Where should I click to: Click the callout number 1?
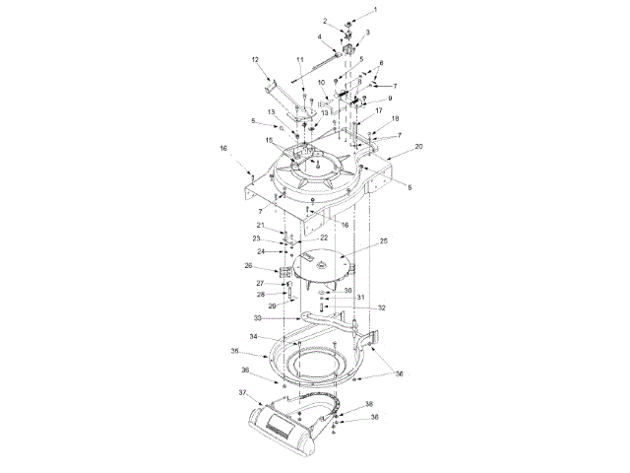376,9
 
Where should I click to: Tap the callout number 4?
320,36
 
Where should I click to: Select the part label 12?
255,60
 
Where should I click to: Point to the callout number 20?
418,147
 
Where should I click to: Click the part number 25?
384,240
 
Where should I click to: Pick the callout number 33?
258,318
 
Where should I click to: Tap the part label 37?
242,392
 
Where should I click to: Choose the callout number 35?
235,351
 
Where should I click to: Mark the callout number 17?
378,110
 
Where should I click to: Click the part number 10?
321,83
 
